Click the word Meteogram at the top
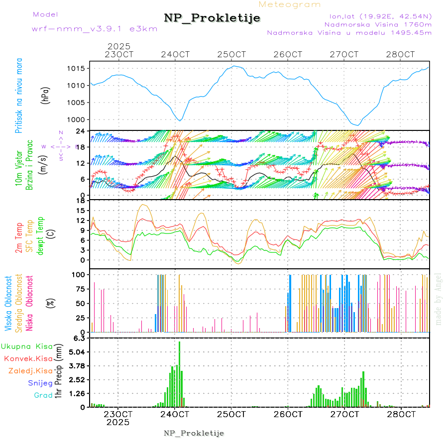click(x=290, y=4)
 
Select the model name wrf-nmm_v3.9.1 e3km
click(x=95, y=29)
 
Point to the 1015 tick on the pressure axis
click(x=78, y=68)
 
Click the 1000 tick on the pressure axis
click(x=78, y=119)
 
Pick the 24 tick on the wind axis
click(x=82, y=131)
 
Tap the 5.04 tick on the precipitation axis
click(x=78, y=352)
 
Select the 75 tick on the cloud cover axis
click(x=80, y=289)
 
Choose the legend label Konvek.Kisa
click(x=28, y=358)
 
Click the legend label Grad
click(x=43, y=395)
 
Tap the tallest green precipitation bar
click(x=179, y=373)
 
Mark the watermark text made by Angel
click(x=439, y=299)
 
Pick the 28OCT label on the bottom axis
click(x=404, y=414)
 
